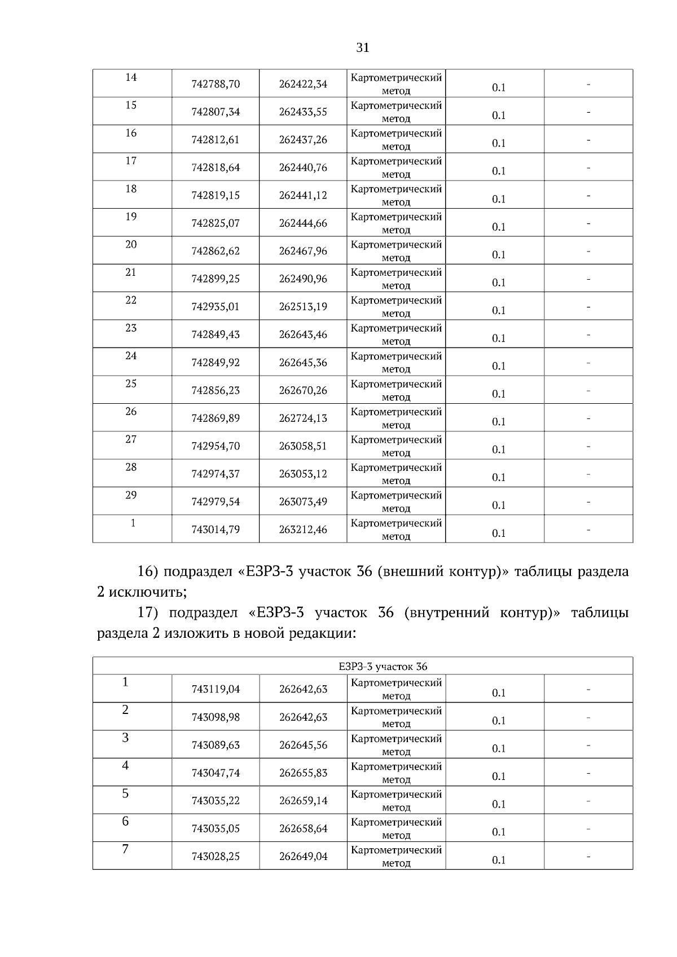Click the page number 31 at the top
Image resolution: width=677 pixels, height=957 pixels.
click(363, 48)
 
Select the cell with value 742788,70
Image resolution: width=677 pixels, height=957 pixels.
click(216, 85)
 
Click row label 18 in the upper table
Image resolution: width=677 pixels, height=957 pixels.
click(131, 189)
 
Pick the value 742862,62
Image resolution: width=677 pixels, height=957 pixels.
click(216, 252)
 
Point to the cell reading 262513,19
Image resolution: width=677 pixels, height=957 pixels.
click(303, 307)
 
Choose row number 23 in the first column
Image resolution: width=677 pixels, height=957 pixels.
click(131, 328)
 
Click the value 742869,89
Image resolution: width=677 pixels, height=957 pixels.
click(216, 418)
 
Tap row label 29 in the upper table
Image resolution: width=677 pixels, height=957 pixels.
click(131, 495)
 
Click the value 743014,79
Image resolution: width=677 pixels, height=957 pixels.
click(216, 530)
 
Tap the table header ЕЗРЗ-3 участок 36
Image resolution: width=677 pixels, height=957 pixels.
click(383, 667)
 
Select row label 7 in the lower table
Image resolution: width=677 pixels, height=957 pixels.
click(125, 849)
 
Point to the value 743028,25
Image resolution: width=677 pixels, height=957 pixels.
click(216, 857)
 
